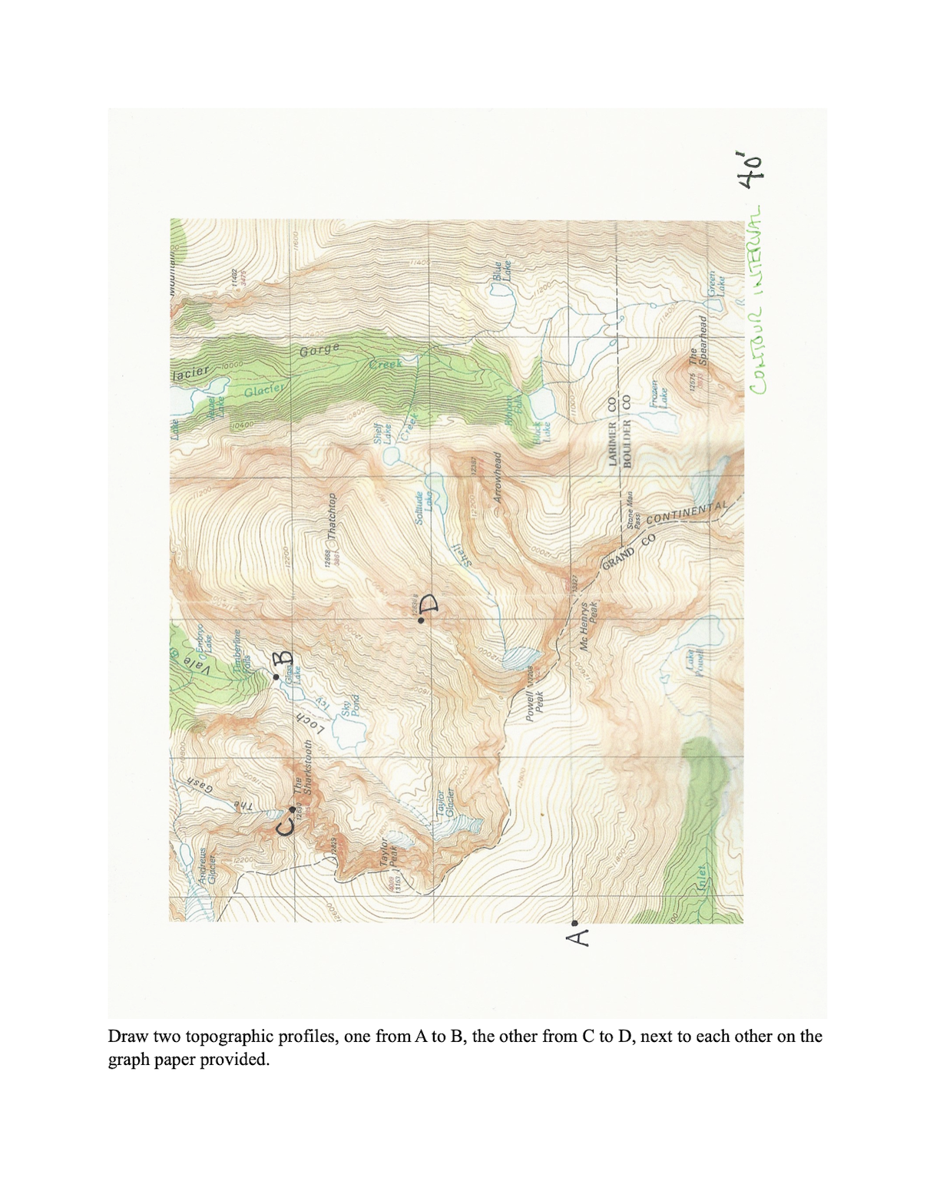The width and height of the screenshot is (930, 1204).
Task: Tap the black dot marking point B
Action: point(276,676)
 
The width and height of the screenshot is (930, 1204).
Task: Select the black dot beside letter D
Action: point(421,620)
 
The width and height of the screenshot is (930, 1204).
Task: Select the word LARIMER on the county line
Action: point(612,443)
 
